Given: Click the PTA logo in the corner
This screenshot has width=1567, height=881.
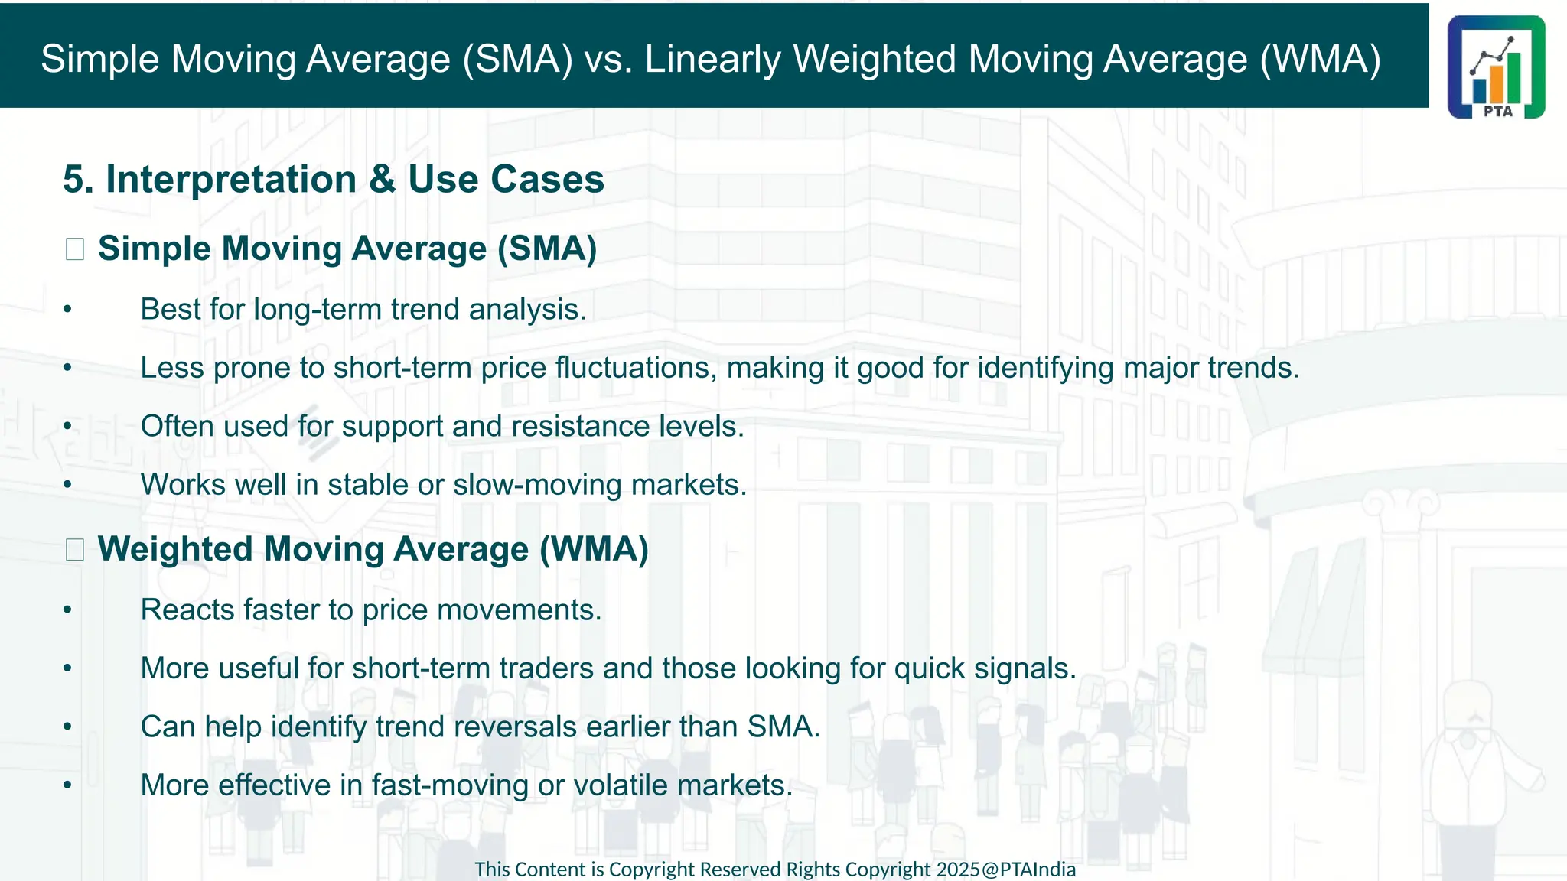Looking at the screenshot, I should pyautogui.click(x=1496, y=67).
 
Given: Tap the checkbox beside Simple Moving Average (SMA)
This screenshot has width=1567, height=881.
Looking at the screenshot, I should pyautogui.click(x=75, y=249).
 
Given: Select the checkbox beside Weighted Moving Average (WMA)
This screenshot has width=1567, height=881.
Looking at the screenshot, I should pyautogui.click(x=75, y=549).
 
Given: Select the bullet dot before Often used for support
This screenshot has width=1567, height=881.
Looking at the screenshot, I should pyautogui.click(x=67, y=427).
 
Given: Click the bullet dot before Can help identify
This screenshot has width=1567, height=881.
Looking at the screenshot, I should pyautogui.click(x=67, y=727).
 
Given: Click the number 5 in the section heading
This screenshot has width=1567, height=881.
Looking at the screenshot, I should pyautogui.click(x=73, y=180).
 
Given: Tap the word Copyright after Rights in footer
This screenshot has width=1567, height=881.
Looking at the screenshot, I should pyautogui.click(x=888, y=870).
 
